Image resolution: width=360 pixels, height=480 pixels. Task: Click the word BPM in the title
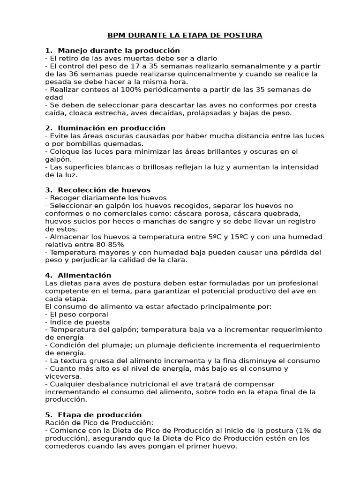click(116, 35)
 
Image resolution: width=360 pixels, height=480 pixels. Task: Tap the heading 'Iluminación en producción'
click(112, 128)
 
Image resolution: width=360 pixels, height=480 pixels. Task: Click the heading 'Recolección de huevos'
click(104, 190)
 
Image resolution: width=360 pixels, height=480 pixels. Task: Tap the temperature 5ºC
click(217, 237)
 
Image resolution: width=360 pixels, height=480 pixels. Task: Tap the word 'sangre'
click(201, 221)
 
